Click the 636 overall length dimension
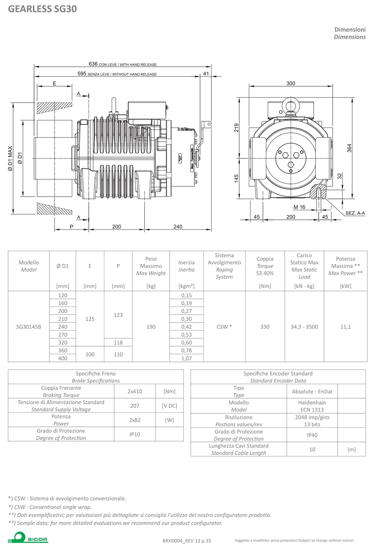[93, 64]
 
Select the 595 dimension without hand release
[82, 74]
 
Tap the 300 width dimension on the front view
[290, 84]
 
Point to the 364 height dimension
[349, 148]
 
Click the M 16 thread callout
[299, 207]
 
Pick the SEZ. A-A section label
[355, 213]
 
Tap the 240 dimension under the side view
[178, 227]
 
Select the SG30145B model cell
[29, 327]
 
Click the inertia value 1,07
[187, 358]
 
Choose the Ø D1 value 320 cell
[63, 342]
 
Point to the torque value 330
[265, 327]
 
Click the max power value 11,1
[345, 327]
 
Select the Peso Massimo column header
[151, 266]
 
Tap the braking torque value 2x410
[135, 391]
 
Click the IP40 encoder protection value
[312, 435]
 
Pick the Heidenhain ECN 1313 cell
[312, 406]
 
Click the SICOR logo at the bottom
[28, 538]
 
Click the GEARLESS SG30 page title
[43, 9]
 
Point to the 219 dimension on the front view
[236, 128]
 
